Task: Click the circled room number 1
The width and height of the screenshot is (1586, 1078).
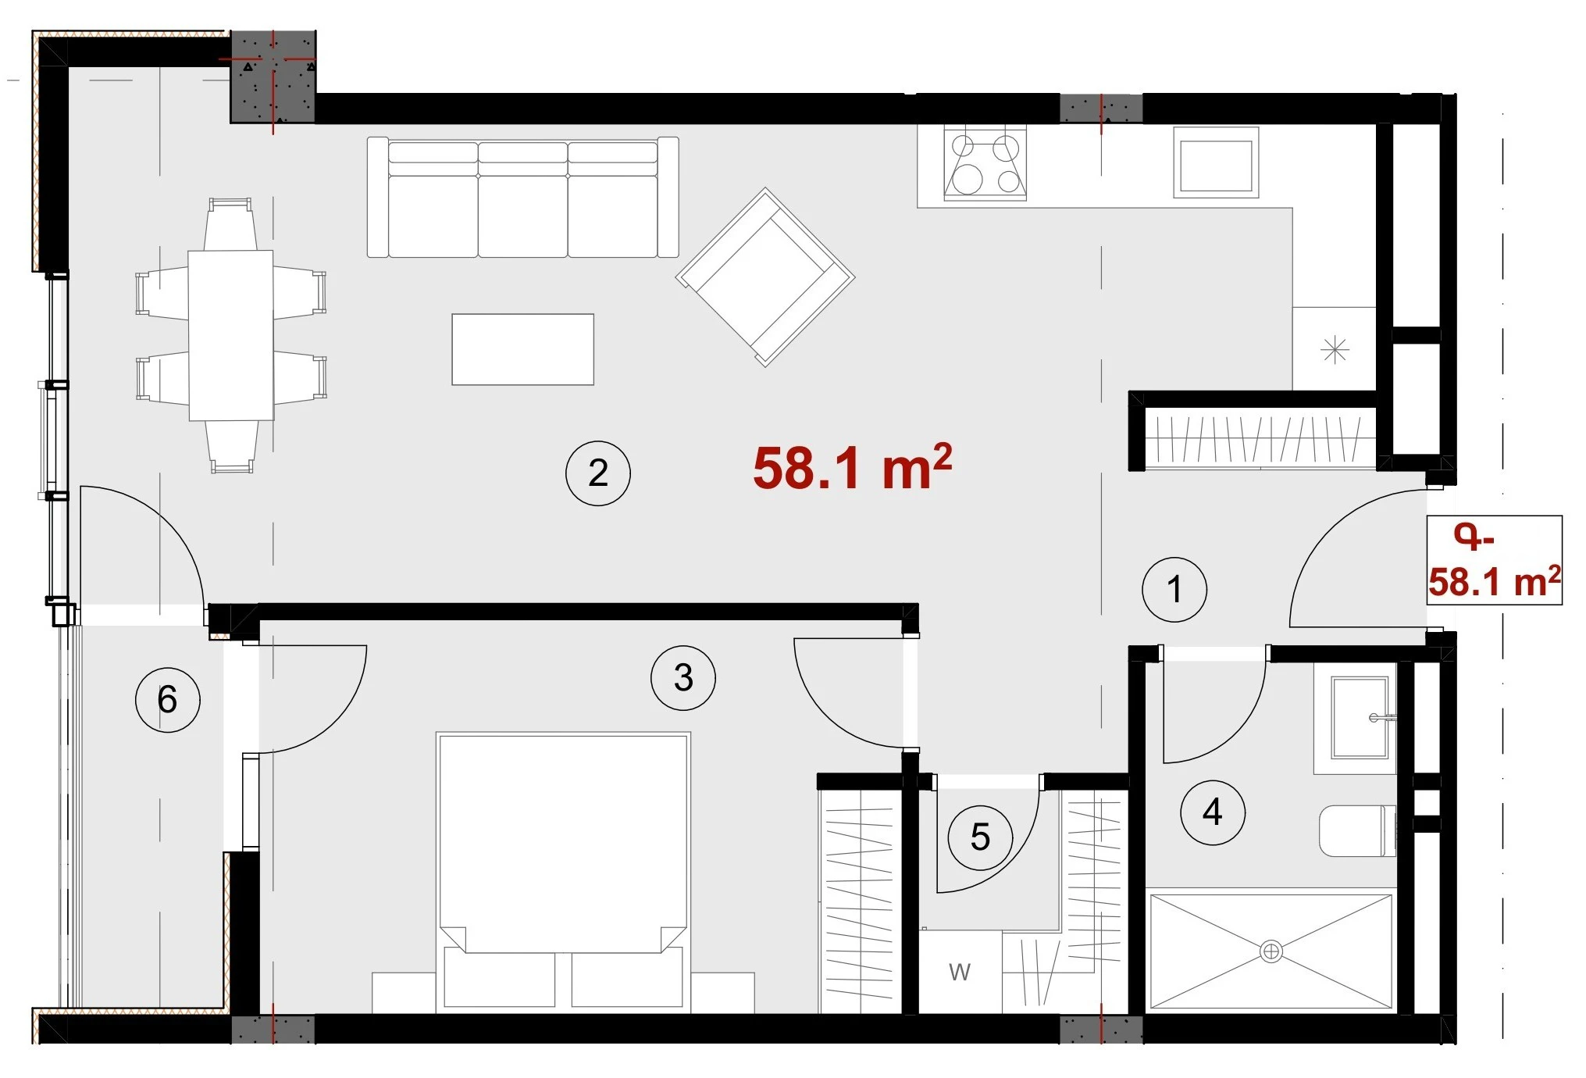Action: [x=1174, y=590]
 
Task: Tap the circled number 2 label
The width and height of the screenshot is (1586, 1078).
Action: [x=597, y=473]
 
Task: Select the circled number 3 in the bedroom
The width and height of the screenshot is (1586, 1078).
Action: [x=683, y=678]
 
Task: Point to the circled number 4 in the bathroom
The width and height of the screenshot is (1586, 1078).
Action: [x=1212, y=812]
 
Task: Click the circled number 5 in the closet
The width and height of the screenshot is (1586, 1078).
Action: [x=980, y=837]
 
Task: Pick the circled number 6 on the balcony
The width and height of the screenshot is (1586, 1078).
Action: [x=167, y=699]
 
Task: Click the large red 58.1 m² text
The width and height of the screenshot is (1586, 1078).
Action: [x=852, y=468]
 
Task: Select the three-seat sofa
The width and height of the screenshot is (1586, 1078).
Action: [x=522, y=198]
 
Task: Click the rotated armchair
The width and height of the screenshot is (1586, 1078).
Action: [x=765, y=277]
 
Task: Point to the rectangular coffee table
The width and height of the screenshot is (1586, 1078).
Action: [x=522, y=349]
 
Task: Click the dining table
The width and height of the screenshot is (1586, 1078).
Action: [x=230, y=335]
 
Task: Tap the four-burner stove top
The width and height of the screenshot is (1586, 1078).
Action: [x=985, y=164]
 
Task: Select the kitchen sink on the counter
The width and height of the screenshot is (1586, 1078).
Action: [x=1216, y=163]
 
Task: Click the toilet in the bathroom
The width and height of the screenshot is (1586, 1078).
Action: [x=1357, y=831]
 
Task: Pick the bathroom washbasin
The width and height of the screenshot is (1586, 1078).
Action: [x=1360, y=718]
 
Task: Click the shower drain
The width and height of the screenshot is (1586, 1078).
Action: [x=1271, y=951]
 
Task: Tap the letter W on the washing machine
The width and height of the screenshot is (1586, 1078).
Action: [x=960, y=973]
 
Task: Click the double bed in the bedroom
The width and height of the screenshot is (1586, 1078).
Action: [x=563, y=871]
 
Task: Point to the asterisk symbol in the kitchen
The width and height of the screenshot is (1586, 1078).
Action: [x=1335, y=349]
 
